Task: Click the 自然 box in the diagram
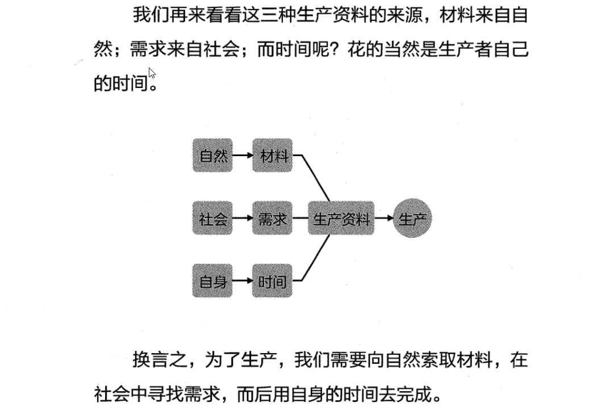coord(213,156)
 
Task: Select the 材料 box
coord(273,156)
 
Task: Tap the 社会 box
coord(213,218)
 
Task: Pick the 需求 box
coord(273,218)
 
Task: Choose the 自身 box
coord(213,280)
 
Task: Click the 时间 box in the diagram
coord(273,280)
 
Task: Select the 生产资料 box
coord(341,218)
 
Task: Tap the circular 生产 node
coord(412,218)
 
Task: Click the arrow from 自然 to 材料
coord(243,156)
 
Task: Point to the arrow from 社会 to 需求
coord(243,218)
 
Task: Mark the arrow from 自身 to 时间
coord(243,280)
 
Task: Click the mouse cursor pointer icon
coord(152,73)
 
